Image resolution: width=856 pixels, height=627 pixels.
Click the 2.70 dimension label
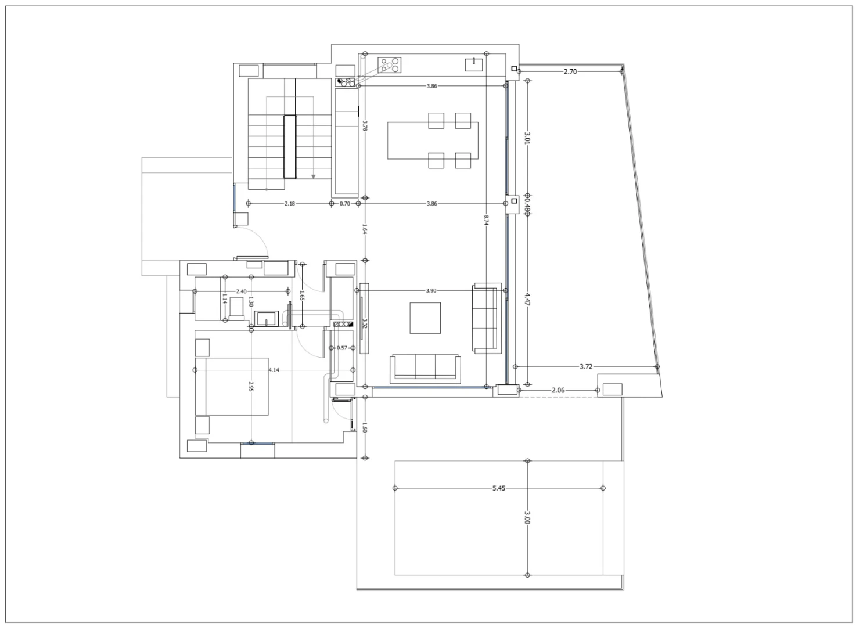coord(570,71)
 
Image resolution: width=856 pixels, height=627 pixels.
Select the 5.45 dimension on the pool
coord(498,488)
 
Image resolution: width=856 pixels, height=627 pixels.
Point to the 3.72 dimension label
coord(585,367)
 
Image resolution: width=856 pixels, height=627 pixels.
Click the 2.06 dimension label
coord(558,390)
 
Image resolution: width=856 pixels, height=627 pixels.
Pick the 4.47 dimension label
coord(527,299)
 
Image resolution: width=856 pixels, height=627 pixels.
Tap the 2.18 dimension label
coord(289,204)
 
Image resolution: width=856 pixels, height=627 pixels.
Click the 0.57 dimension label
coord(342,348)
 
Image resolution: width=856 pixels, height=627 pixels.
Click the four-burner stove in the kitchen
coord(390,64)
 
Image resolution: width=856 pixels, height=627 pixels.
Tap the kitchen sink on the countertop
coord(474,64)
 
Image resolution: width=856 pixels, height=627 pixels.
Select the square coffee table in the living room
coord(425,318)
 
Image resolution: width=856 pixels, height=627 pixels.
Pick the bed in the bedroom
coord(232,386)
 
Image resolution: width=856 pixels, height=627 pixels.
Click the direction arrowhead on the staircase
coord(314,176)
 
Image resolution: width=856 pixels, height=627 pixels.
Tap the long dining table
coord(432,140)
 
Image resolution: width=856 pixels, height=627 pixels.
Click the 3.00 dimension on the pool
coord(527,518)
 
